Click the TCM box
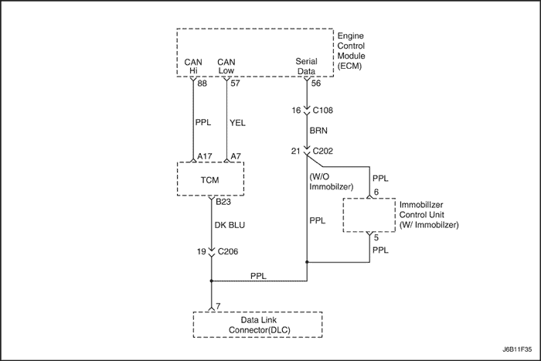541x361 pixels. [x=210, y=179]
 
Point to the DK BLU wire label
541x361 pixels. [x=230, y=225]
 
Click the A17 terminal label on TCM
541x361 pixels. [x=205, y=156]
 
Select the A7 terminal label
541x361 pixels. [x=236, y=156]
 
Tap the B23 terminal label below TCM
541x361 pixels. [x=224, y=203]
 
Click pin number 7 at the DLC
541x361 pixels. [x=219, y=307]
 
